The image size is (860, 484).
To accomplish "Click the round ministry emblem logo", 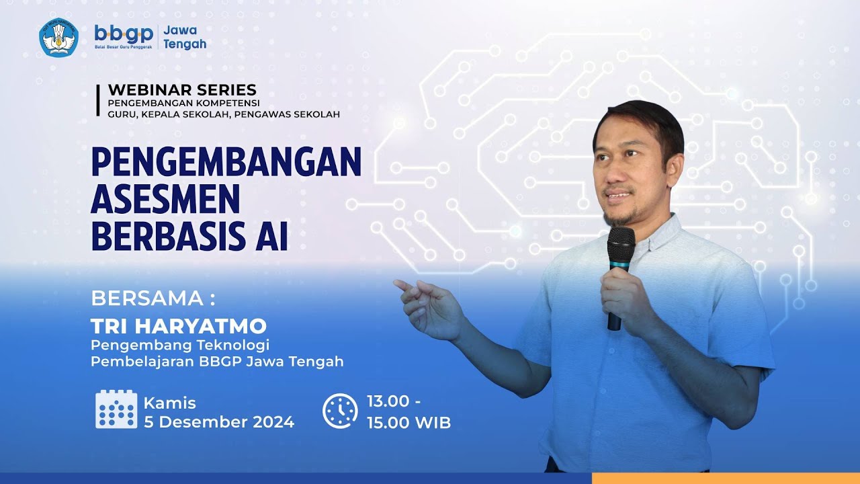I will tap(59, 37).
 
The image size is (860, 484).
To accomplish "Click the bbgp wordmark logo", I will tap(124, 34).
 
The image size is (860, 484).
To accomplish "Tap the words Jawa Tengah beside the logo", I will tap(184, 38).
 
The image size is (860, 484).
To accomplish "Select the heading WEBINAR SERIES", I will tap(182, 89).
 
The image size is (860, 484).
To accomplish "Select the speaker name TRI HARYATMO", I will tap(179, 327).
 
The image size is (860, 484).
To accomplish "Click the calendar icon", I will tap(116, 409).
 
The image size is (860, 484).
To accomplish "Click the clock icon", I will tap(340, 411).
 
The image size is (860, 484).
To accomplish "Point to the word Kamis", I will tap(170, 403).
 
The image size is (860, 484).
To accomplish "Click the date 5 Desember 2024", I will tap(219, 423).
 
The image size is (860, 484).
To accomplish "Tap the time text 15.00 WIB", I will tap(408, 423).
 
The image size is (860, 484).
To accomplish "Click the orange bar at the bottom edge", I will tap(726, 478).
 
